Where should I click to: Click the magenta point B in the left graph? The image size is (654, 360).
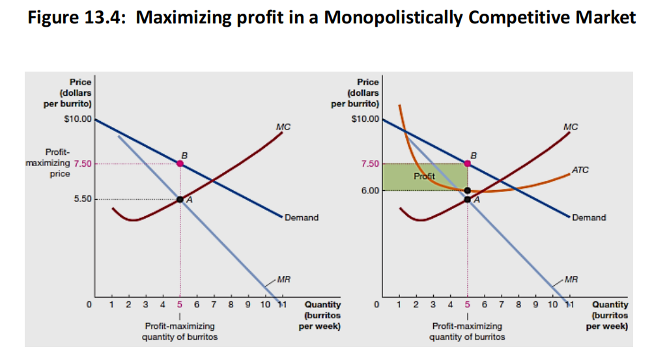(x=180, y=163)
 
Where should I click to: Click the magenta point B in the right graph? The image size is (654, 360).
(x=467, y=163)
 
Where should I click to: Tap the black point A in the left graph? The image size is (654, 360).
(x=180, y=199)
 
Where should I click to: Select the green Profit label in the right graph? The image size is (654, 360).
(x=424, y=176)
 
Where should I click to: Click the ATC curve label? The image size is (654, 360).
(x=580, y=170)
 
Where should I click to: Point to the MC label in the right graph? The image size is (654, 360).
(x=571, y=127)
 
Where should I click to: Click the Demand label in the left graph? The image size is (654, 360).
(x=302, y=217)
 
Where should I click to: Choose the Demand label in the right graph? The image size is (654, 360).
(x=589, y=217)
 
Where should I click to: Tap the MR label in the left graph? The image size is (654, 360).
(x=283, y=280)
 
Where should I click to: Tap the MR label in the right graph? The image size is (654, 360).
(x=571, y=280)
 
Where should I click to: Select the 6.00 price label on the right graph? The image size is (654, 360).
(x=369, y=190)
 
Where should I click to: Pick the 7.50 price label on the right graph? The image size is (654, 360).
(x=369, y=163)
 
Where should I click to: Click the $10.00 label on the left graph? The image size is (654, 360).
(x=79, y=120)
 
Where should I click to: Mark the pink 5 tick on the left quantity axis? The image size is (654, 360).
(x=180, y=304)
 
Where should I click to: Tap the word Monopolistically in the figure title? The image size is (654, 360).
(x=393, y=18)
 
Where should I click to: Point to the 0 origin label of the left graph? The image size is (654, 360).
(x=89, y=304)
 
